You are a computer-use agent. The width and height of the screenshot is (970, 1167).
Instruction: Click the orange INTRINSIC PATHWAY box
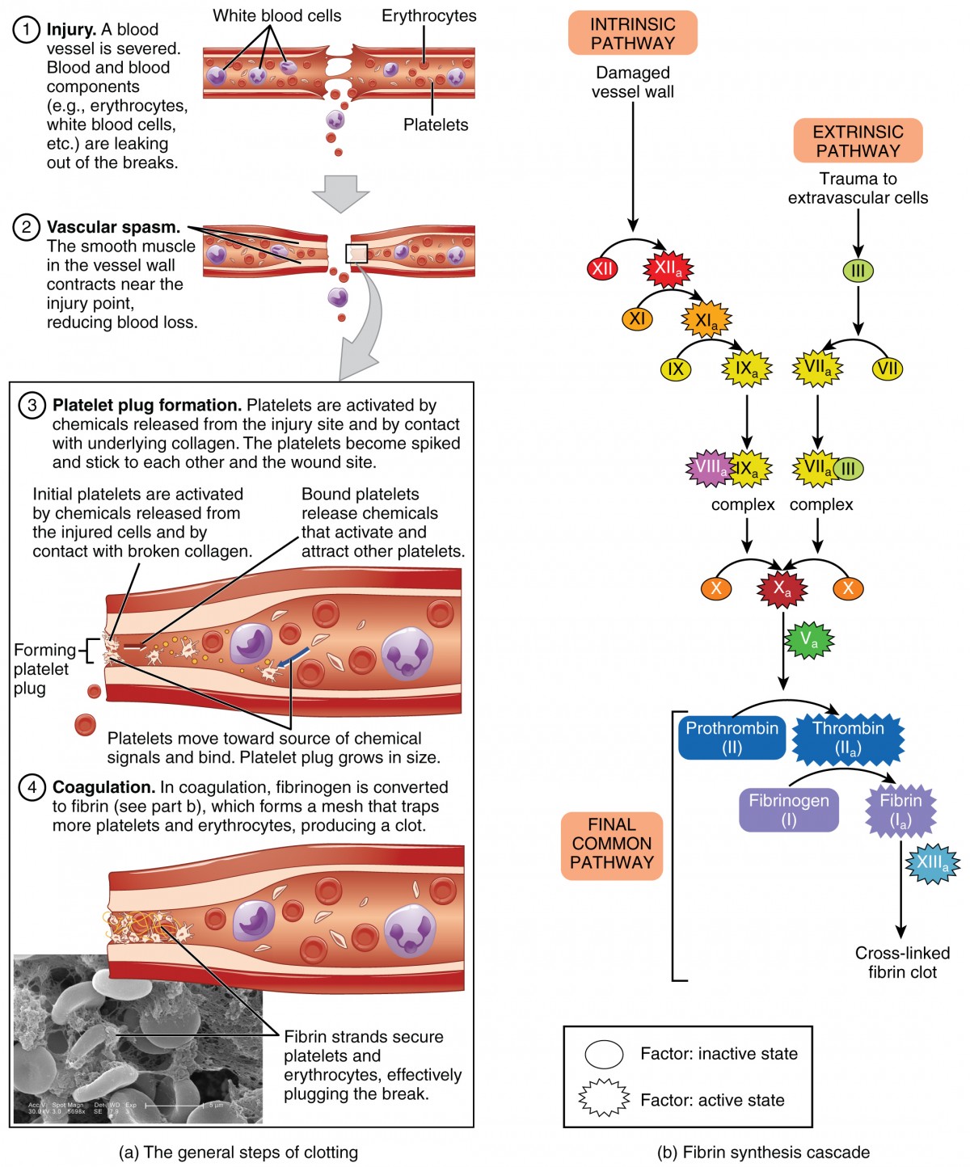point(632,33)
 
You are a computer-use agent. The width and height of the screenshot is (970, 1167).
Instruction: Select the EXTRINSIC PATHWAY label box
point(858,141)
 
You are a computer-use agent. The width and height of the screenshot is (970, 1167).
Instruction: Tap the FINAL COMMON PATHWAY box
point(612,845)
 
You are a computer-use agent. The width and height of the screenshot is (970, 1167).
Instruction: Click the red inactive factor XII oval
point(602,269)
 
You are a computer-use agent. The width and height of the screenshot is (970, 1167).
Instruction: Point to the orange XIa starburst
point(706,321)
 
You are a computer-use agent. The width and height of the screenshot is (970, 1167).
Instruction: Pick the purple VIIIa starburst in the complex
point(709,467)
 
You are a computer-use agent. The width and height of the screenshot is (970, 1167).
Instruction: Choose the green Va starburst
point(808,641)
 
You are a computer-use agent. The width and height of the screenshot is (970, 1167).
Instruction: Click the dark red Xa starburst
point(782,588)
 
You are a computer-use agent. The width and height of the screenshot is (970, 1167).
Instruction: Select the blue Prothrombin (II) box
point(732,737)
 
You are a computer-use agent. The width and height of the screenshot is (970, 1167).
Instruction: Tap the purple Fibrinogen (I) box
point(788,810)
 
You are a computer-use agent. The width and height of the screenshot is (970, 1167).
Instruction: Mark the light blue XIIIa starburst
point(932,862)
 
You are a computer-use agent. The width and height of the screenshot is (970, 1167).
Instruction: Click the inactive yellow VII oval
point(887,369)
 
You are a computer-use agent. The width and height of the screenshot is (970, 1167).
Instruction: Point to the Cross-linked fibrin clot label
point(902,963)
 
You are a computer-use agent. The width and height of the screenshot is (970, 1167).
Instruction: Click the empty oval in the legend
point(604,1054)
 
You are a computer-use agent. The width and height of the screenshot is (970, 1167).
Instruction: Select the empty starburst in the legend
point(604,1098)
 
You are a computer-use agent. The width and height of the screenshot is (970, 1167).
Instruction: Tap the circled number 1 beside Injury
point(26,30)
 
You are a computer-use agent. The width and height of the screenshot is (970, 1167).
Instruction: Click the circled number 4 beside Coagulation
point(32,787)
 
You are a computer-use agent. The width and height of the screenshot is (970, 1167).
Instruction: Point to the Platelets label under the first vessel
point(436,124)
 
